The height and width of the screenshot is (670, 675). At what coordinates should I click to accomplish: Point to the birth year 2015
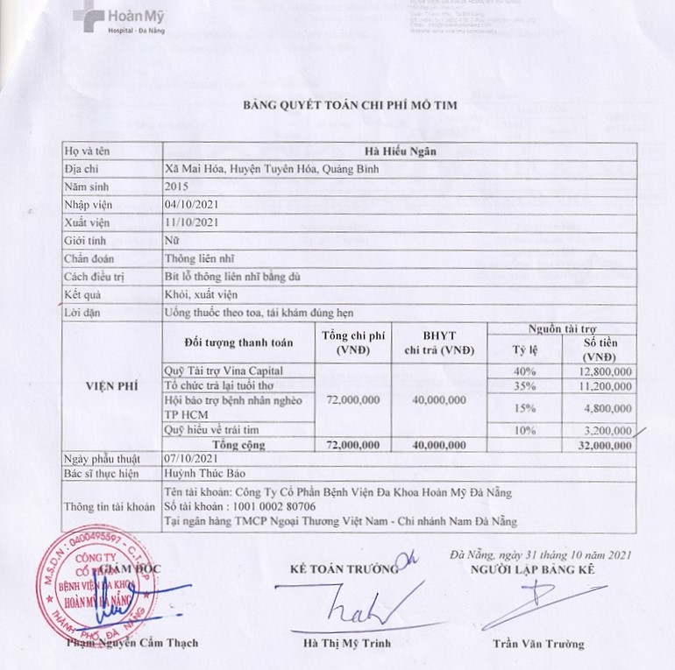(176, 186)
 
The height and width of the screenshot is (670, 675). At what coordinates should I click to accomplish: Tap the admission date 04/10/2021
(189, 204)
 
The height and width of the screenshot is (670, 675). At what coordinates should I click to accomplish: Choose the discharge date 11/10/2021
(189, 222)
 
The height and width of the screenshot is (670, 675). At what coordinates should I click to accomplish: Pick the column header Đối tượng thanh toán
(239, 342)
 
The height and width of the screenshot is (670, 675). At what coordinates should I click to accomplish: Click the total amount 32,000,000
(604, 445)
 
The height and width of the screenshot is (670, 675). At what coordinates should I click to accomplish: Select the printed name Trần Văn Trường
(537, 644)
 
